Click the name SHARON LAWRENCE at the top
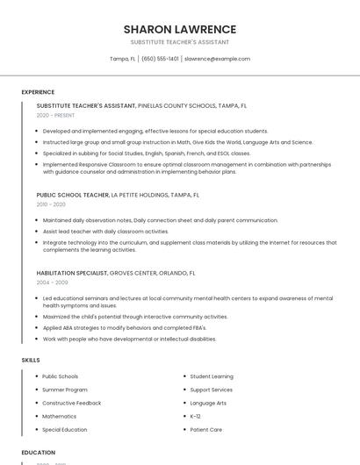[x=180, y=29]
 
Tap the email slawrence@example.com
[x=217, y=59]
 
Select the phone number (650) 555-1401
[x=160, y=59]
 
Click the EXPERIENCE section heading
[x=38, y=92]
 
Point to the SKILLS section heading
[x=31, y=360]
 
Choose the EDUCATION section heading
[x=39, y=453]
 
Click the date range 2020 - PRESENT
[x=55, y=115]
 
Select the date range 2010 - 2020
[x=51, y=204]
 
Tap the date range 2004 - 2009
[x=52, y=283]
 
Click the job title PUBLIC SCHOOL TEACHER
[x=73, y=195]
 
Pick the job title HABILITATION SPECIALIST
[x=72, y=273]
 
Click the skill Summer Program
[x=65, y=390]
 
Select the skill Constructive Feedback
[x=72, y=403]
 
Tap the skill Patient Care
[x=206, y=430]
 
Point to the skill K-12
[x=196, y=416]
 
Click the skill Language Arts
[x=208, y=403]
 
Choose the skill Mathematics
[x=60, y=416]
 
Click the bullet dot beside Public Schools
[x=36, y=376]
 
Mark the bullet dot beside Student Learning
[x=184, y=376]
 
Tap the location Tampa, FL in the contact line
[x=122, y=59]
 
